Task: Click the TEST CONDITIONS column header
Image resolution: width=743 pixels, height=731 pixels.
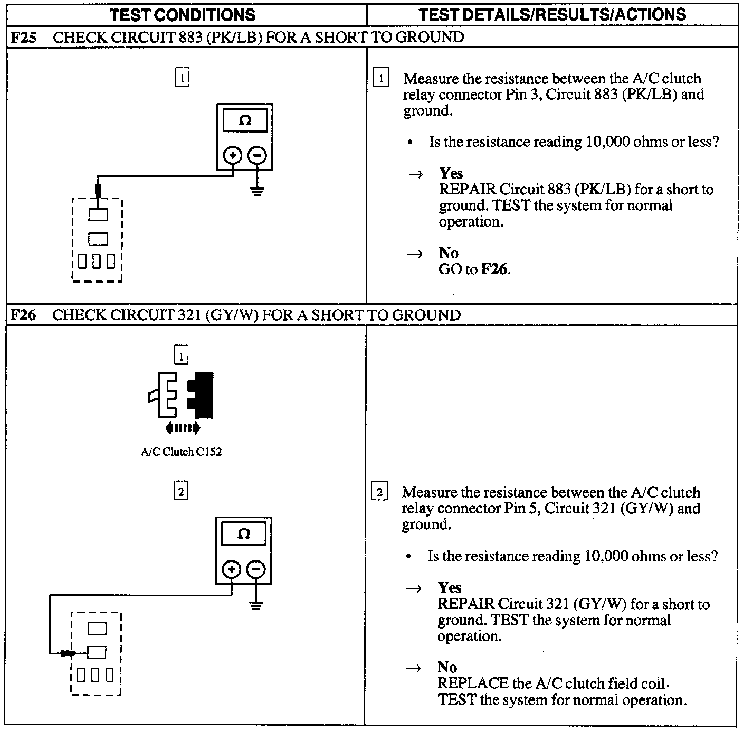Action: pyautogui.click(x=183, y=14)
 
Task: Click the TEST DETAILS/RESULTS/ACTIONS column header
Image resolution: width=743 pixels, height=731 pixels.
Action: pyautogui.click(x=552, y=14)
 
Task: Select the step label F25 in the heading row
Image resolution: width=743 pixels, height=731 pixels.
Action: pyautogui.click(x=23, y=38)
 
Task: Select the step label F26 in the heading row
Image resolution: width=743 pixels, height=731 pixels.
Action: pyautogui.click(x=23, y=315)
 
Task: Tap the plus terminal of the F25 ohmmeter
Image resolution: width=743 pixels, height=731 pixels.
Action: pyautogui.click(x=233, y=156)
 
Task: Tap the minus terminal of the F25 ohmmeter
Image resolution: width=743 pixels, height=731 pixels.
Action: pyautogui.click(x=257, y=156)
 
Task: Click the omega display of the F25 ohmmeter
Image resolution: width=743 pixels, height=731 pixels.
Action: pyautogui.click(x=245, y=121)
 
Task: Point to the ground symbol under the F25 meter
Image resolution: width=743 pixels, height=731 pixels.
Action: pyautogui.click(x=257, y=191)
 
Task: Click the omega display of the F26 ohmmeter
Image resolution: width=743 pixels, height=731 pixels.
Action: pyautogui.click(x=244, y=535)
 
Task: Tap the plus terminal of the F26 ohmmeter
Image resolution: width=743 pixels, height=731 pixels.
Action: pyautogui.click(x=231, y=569)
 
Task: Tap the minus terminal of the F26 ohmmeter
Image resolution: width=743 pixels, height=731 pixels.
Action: pyautogui.click(x=256, y=569)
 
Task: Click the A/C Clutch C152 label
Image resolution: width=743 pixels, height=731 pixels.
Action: pyautogui.click(x=182, y=452)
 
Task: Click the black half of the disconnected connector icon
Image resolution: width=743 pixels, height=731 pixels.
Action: pyautogui.click(x=202, y=394)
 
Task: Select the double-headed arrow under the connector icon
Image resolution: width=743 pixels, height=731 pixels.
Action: pyautogui.click(x=183, y=428)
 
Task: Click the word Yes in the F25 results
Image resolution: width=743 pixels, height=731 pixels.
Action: pyautogui.click(x=451, y=174)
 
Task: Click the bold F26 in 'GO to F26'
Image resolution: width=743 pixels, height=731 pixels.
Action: pyautogui.click(x=495, y=270)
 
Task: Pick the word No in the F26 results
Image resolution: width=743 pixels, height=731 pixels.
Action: pyautogui.click(x=447, y=668)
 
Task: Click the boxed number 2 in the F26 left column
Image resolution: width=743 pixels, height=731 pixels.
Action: pyautogui.click(x=181, y=492)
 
